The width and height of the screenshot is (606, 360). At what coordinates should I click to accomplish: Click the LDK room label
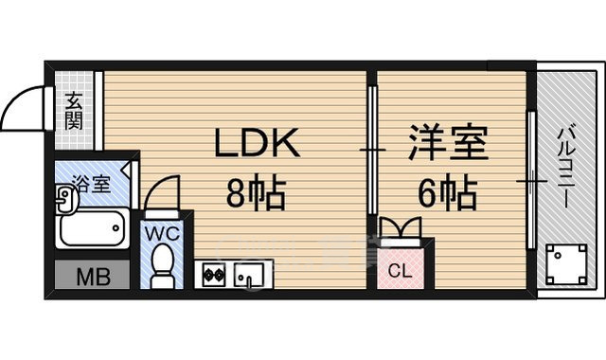point(258,145)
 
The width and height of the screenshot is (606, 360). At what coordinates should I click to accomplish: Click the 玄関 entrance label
point(74,110)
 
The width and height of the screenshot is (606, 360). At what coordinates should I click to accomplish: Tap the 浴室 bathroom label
point(92,183)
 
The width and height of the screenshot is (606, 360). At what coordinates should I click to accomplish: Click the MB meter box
point(93,278)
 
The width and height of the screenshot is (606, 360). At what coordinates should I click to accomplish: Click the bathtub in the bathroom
point(91,228)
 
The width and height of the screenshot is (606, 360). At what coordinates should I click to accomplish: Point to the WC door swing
point(163,193)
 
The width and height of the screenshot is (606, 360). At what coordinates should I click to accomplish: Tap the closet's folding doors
point(400,230)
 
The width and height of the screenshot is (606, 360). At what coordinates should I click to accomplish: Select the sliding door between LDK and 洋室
point(372,152)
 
